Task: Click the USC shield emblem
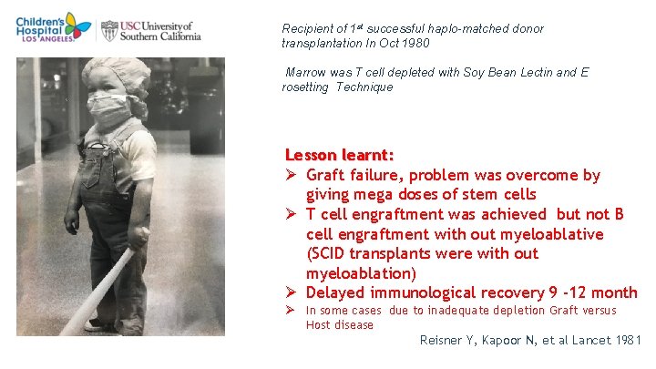pos(109,30)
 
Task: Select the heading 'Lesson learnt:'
pos(339,155)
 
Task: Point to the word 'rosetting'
pos(306,87)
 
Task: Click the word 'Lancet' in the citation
pos(593,340)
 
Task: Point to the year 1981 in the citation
pos(628,340)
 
